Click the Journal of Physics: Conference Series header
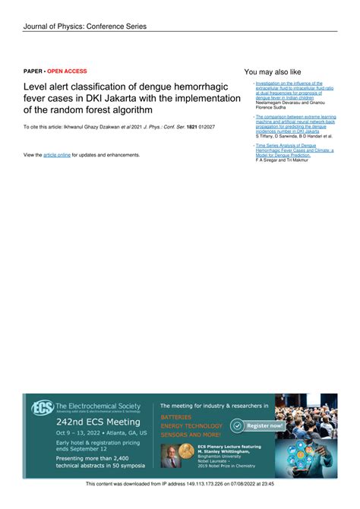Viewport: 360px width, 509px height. tap(84, 26)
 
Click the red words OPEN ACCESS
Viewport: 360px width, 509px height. tap(67, 71)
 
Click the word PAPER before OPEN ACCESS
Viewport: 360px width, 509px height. tap(33, 71)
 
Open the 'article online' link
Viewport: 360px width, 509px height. tap(57, 155)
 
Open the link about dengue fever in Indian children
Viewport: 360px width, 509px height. tap(289, 90)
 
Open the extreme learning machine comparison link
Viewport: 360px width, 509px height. tap(292, 125)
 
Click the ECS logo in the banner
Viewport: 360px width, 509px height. tap(41, 407)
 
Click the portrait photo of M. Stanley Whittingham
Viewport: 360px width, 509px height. tap(172, 454)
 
